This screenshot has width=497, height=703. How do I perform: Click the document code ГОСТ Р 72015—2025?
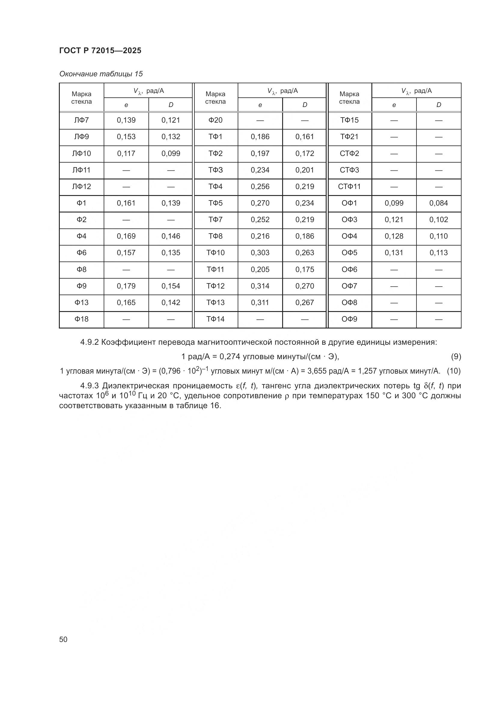[100, 50]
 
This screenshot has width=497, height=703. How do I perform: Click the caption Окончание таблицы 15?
[101, 74]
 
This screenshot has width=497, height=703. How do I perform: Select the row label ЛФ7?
[81, 120]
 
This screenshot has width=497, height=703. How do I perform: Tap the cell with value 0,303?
[260, 252]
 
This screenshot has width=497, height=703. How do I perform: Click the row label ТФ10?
[215, 252]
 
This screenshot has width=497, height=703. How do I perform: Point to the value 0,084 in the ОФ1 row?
[438, 203]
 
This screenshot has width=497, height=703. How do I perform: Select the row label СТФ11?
[349, 186]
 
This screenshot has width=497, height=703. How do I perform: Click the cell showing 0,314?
[260, 286]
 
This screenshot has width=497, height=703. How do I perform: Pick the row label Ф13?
[81, 303]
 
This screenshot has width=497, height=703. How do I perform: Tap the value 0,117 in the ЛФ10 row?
[126, 153]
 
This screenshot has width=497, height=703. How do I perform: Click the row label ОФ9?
[349, 319]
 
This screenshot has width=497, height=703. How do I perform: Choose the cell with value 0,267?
[304, 303]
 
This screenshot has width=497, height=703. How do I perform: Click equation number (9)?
[456, 356]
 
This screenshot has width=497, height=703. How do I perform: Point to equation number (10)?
[453, 371]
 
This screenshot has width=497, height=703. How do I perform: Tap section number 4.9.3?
[89, 386]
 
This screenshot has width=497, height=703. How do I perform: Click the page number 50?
[63, 639]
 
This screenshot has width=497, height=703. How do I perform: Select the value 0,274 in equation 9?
[230, 356]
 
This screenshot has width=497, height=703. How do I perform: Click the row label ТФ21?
[349, 136]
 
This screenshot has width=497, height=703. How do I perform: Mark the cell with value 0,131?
[394, 252]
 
